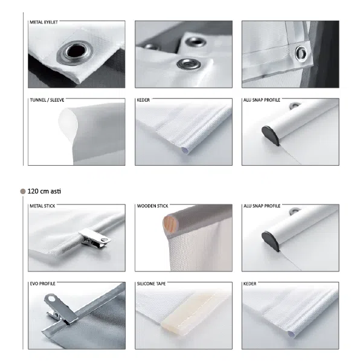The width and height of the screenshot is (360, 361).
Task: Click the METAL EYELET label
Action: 43,22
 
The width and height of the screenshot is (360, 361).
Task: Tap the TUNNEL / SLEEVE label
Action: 47,100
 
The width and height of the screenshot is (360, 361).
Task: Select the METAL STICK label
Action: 42,206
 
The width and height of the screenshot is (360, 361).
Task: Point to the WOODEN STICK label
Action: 152,206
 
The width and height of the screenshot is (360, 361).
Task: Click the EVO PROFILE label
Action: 42,284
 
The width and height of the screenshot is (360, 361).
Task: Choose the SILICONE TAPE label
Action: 151,284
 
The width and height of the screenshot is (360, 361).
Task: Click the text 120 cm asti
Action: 44,191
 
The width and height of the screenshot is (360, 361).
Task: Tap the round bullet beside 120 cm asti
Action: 23,191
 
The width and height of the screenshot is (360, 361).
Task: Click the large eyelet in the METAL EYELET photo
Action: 75,53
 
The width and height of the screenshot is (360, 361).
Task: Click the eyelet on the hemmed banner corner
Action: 301,53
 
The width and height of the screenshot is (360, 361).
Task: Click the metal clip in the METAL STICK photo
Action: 94,238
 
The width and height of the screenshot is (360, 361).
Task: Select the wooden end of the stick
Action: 168,223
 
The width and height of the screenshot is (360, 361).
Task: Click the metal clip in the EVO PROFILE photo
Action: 60,308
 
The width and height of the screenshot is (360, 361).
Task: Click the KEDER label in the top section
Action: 143,100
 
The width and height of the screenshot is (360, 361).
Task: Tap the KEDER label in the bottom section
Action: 250,284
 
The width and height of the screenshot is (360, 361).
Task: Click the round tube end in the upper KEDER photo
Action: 185,151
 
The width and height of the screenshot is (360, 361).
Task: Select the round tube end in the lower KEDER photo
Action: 292,334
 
